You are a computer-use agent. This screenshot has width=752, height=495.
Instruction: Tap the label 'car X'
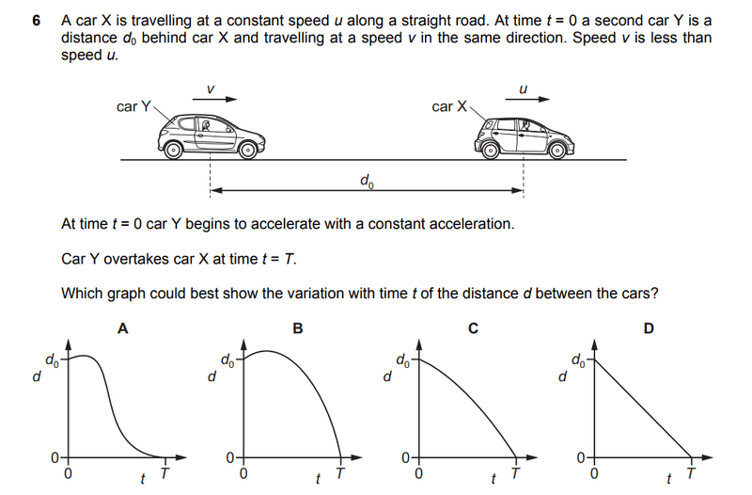[448, 106]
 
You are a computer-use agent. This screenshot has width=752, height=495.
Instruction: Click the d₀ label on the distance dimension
[366, 179]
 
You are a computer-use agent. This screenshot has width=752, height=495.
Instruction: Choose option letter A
[122, 328]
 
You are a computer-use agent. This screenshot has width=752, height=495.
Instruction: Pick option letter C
[473, 328]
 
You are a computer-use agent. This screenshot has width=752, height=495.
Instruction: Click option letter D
[649, 328]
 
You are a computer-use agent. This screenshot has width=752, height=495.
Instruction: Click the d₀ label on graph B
[227, 359]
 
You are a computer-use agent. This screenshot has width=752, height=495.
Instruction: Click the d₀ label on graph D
[576, 359]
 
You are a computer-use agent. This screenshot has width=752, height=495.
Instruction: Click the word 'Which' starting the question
[82, 294]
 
